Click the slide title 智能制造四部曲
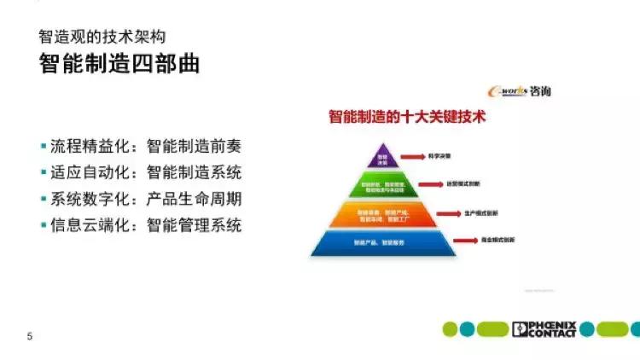[119, 64]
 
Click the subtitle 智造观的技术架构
[101, 37]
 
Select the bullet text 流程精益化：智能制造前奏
[146, 146]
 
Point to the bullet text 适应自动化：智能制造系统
[146, 172]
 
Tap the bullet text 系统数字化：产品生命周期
[146, 199]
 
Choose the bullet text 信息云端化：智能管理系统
[146, 225]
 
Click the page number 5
[30, 336]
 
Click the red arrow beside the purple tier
[414, 157]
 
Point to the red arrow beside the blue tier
[466, 242]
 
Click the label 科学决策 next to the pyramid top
[439, 157]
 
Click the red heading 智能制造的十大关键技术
[407, 117]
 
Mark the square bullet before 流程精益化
[44, 146]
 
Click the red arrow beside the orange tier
[449, 213]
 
